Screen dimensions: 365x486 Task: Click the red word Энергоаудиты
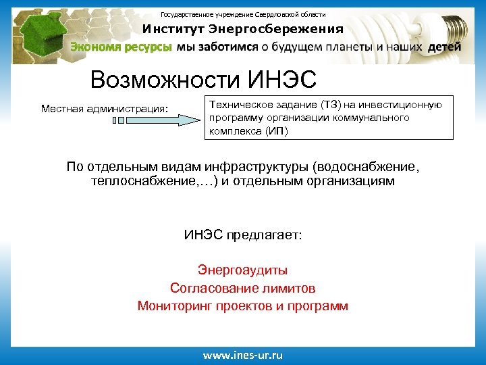pyautogui.click(x=242, y=270)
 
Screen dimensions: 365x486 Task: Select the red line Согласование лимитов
pyautogui.click(x=242, y=289)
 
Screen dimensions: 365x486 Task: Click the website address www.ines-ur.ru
pyautogui.click(x=242, y=354)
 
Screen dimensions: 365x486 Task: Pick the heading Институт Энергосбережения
pyautogui.click(x=242, y=29)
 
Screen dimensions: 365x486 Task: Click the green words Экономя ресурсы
pyautogui.click(x=122, y=47)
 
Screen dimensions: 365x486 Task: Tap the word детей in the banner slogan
pyautogui.click(x=444, y=47)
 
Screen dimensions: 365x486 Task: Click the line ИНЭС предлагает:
pyautogui.click(x=242, y=235)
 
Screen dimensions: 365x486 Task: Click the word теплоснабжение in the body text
pyautogui.click(x=136, y=181)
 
